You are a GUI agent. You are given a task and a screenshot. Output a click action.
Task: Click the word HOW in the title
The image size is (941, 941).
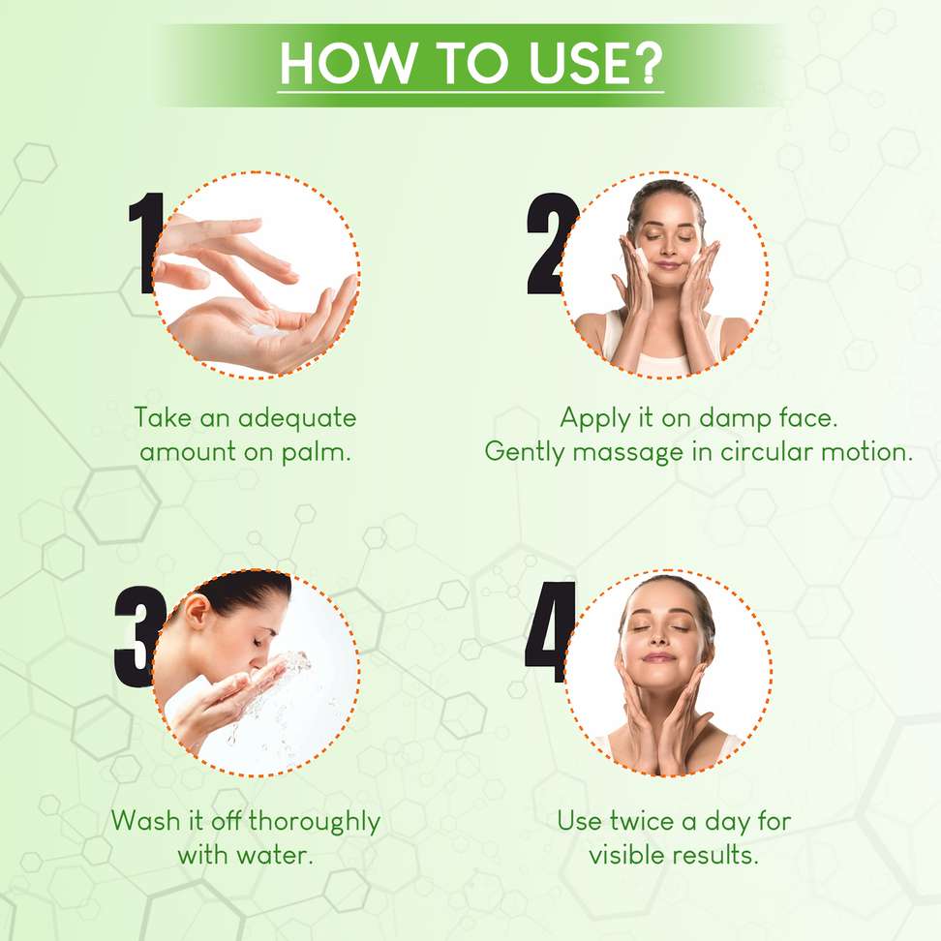349,63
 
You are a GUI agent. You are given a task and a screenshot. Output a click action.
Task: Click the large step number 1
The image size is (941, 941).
146,243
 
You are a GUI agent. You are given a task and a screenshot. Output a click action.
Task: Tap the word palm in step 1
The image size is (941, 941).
316,452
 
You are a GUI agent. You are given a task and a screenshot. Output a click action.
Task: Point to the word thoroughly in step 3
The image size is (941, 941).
315,822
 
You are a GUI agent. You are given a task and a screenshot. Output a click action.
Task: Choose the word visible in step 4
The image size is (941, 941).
626,855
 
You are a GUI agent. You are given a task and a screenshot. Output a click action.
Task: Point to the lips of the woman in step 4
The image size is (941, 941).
658,657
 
